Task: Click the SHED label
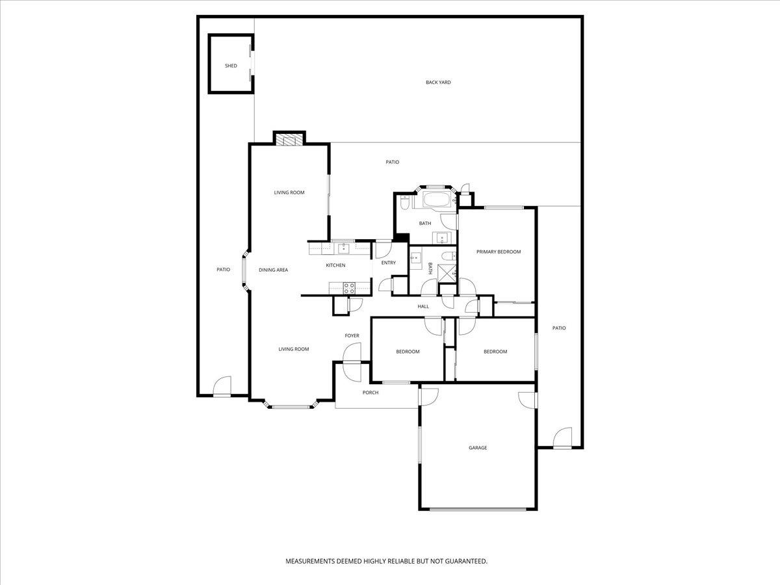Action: point(231,66)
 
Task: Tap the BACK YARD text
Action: point(438,83)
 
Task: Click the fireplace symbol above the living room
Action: point(289,138)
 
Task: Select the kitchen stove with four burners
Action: point(349,287)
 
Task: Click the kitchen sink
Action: point(343,247)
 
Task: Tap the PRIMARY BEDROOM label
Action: point(499,252)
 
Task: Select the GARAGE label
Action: point(478,448)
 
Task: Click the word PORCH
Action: point(370,393)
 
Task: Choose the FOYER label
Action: point(352,335)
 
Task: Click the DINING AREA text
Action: point(273,270)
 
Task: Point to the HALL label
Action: point(423,306)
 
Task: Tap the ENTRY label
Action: point(388,263)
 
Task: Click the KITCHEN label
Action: point(335,265)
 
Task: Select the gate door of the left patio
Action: point(222,387)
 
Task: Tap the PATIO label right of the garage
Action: point(559,328)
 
